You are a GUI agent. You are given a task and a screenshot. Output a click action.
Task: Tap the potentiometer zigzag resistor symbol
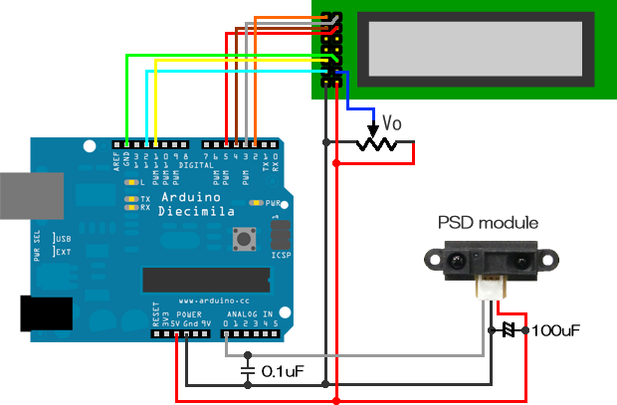tap(376, 145)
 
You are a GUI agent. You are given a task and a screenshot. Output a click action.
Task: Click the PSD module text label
tap(489, 222)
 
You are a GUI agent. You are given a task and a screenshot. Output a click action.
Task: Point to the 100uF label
tap(558, 329)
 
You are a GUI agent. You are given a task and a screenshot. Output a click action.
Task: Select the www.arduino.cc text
tap(213, 300)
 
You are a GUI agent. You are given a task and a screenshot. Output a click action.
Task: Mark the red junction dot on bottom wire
tap(337, 400)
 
